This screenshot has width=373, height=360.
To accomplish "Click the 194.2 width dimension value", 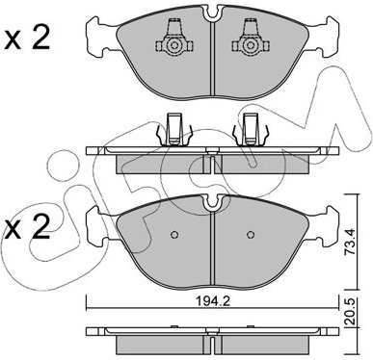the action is pos(212,302).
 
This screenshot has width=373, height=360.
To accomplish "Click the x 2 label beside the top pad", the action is pos(27,38).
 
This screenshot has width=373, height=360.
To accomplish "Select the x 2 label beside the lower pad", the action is pos(27,226).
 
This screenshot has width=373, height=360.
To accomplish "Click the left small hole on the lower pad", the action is pos(174,235).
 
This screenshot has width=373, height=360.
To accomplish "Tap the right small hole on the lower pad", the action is pos(251,235).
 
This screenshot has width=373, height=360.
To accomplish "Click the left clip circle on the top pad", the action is pos(174,46).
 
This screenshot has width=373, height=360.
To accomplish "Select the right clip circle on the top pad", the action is pos(251,46).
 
